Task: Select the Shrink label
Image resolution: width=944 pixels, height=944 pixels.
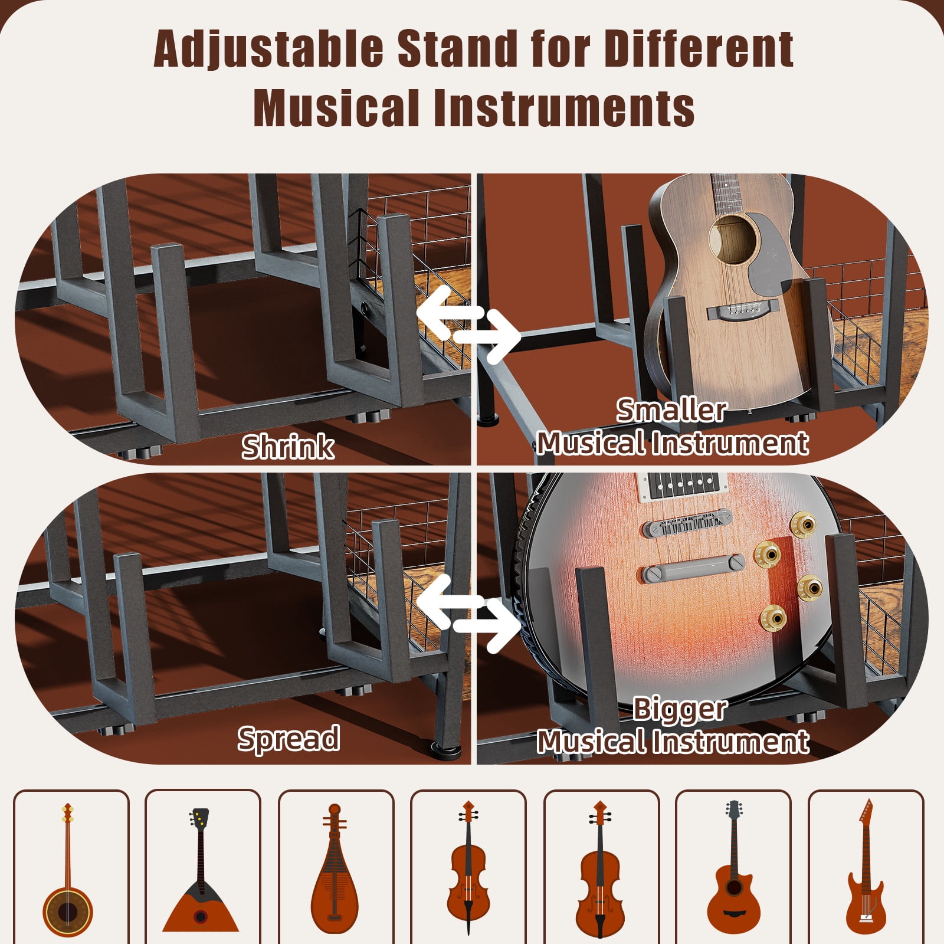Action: [288, 447]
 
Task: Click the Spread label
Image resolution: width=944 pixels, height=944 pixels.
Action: [289, 738]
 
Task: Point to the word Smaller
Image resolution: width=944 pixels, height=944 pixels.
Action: [671, 410]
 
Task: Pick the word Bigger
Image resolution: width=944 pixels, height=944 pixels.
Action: [680, 709]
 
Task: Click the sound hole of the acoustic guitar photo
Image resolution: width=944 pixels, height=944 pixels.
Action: [732, 238]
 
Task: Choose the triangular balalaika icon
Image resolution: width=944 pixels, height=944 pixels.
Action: [201, 870]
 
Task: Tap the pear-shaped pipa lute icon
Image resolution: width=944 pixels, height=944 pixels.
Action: [335, 870]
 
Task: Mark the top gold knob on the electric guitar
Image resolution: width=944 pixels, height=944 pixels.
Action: [803, 523]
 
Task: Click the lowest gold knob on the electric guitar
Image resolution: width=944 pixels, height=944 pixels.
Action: [772, 617]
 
